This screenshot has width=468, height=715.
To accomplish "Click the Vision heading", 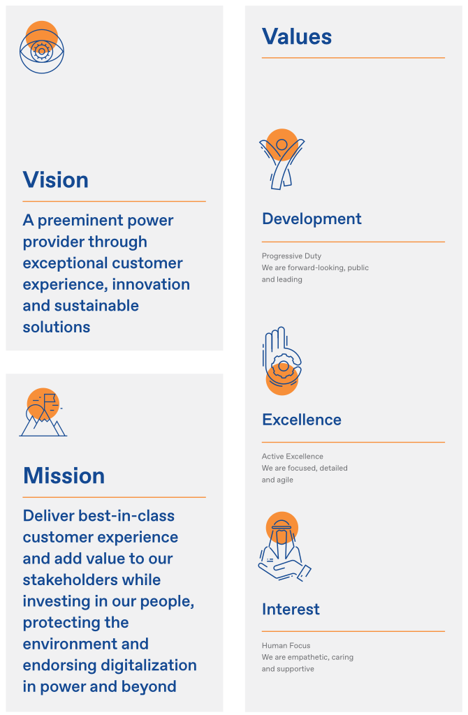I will pos(56,180).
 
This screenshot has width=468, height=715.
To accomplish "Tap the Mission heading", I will pos(64,476).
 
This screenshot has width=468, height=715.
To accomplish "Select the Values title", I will pos(297,36).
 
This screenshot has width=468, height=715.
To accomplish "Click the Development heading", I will pos(312,219).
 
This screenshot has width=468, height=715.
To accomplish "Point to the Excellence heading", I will pos(302,420).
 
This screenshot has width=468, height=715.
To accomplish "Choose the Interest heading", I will pos(291,609).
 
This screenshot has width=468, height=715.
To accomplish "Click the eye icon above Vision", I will pos(42,47).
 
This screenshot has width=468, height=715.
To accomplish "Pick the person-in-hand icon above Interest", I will pos(283,546).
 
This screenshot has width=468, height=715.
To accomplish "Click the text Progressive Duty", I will pos(291,256).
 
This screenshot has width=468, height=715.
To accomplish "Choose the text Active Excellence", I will pos(293,457).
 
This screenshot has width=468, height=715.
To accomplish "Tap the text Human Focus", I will pos(286,646).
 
